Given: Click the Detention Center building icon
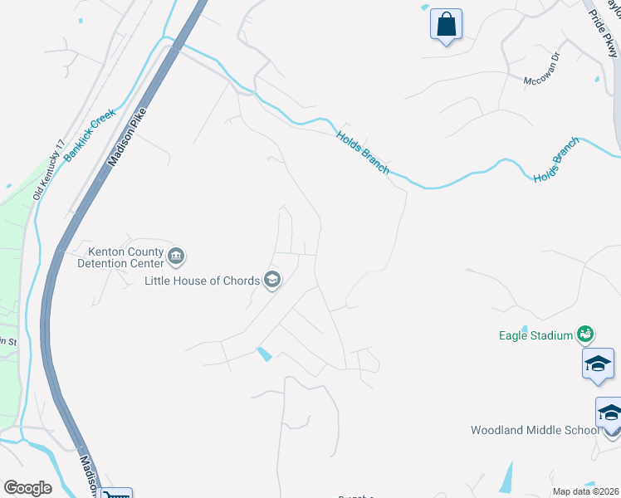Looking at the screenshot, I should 176,256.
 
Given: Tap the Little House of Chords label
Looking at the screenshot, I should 202,281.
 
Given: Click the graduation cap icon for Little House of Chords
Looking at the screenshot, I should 271,281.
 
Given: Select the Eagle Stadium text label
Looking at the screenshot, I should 535,335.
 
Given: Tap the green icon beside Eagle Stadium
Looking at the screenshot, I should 585,334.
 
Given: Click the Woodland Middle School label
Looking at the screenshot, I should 535,430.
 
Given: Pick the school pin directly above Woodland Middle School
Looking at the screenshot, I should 610,413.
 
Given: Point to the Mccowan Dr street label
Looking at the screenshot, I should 543,81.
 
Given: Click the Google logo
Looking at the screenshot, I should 27,488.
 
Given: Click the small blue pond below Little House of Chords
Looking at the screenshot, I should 264,354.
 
